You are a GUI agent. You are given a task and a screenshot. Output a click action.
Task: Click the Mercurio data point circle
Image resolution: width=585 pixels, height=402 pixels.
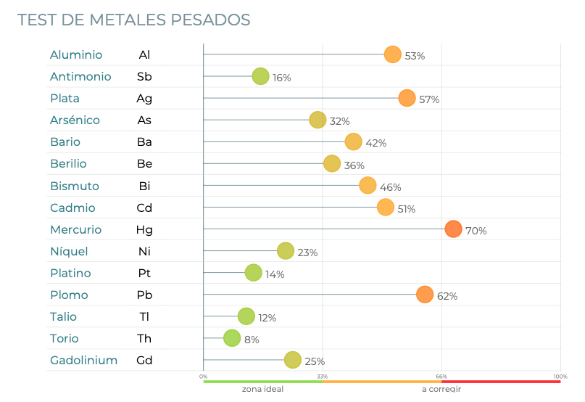(453, 229)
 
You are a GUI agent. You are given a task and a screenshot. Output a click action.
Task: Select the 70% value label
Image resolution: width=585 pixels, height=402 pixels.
(476, 231)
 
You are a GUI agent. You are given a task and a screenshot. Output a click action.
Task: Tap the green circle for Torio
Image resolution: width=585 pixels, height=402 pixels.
(231, 338)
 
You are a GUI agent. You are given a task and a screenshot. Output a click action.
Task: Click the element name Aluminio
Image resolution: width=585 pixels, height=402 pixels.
(76, 55)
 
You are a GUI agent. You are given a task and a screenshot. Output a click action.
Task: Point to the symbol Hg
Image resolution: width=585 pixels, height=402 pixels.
(144, 230)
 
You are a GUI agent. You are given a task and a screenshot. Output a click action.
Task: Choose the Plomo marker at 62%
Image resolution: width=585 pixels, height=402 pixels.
(425, 295)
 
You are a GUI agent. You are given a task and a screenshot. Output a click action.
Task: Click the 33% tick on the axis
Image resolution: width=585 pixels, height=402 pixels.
(323, 377)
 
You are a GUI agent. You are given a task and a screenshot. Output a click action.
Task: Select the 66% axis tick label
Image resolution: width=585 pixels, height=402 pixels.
(441, 377)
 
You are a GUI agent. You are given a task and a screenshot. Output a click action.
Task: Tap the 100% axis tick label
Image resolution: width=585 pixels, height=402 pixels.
(560, 377)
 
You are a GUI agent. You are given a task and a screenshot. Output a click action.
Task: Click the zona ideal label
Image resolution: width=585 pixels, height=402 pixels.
(262, 389)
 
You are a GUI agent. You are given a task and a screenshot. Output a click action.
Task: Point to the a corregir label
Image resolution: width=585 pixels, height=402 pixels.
(441, 389)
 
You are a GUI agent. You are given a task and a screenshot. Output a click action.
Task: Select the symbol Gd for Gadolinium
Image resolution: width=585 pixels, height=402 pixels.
(144, 361)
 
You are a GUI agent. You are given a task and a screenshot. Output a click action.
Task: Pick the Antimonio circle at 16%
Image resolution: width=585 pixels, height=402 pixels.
(260, 76)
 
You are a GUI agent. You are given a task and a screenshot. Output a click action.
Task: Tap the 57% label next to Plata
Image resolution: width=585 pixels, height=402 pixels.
(429, 99)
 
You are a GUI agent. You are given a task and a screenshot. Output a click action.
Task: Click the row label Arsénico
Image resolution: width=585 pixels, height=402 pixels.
(75, 120)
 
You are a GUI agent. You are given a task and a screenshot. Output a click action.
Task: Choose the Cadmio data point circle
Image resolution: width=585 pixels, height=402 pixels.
(386, 208)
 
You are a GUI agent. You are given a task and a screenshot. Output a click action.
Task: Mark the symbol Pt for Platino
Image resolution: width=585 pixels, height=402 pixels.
(144, 274)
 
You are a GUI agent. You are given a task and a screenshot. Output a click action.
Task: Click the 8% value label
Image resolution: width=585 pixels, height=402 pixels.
(252, 340)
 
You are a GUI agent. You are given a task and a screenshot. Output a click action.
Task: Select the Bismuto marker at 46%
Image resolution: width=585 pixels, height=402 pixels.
(368, 186)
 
